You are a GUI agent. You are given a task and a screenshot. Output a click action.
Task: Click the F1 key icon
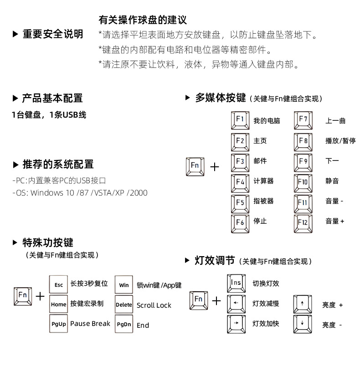(240, 120)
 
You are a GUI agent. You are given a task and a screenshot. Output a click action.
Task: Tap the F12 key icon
(303, 222)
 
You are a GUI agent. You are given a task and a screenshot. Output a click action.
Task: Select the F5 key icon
(240, 202)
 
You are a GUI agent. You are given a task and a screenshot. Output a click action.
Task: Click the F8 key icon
(303, 141)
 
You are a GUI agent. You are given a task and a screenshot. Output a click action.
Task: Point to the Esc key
(59, 284)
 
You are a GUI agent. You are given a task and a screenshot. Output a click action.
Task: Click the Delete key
(124, 304)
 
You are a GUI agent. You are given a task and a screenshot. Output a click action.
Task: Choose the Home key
(59, 304)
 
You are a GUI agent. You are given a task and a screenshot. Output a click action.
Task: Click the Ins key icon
(236, 283)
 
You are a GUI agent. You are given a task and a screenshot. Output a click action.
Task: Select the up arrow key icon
(302, 304)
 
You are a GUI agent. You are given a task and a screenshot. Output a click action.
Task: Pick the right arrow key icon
(236, 323)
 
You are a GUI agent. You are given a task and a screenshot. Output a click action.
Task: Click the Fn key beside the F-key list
(195, 166)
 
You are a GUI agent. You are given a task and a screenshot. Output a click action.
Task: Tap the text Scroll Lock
(154, 305)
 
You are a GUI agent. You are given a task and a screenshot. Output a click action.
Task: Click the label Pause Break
(90, 324)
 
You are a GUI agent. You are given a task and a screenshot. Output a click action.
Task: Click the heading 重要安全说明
(53, 34)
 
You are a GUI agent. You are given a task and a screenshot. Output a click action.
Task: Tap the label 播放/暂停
(340, 141)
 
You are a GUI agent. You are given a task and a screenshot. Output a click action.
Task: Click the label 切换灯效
(266, 283)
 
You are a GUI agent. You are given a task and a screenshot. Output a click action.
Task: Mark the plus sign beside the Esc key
(41, 297)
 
